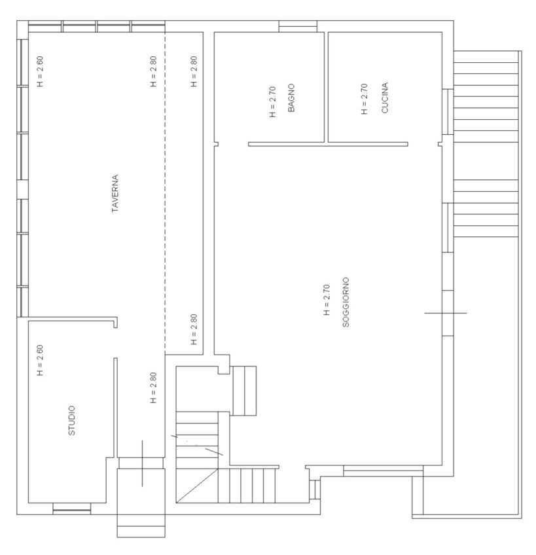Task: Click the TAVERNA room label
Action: point(115,193)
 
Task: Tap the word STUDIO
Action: point(71,420)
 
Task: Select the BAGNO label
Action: point(291,98)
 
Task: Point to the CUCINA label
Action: point(385,98)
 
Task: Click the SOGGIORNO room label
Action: point(346,302)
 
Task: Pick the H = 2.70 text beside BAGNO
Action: point(272,102)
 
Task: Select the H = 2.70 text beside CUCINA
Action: point(365,99)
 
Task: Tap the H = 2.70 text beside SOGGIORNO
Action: point(327,300)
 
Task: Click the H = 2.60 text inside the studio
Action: point(40,360)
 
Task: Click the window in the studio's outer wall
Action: point(72,509)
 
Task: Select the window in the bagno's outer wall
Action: point(298,26)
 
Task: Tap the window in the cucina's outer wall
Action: point(448,112)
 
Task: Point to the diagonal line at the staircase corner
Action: point(197,485)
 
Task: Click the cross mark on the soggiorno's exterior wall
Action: point(446,313)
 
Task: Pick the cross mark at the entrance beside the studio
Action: point(142,463)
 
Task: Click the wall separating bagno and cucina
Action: point(326,87)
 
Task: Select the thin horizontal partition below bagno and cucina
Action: point(328,144)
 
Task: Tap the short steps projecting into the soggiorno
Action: point(244,391)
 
